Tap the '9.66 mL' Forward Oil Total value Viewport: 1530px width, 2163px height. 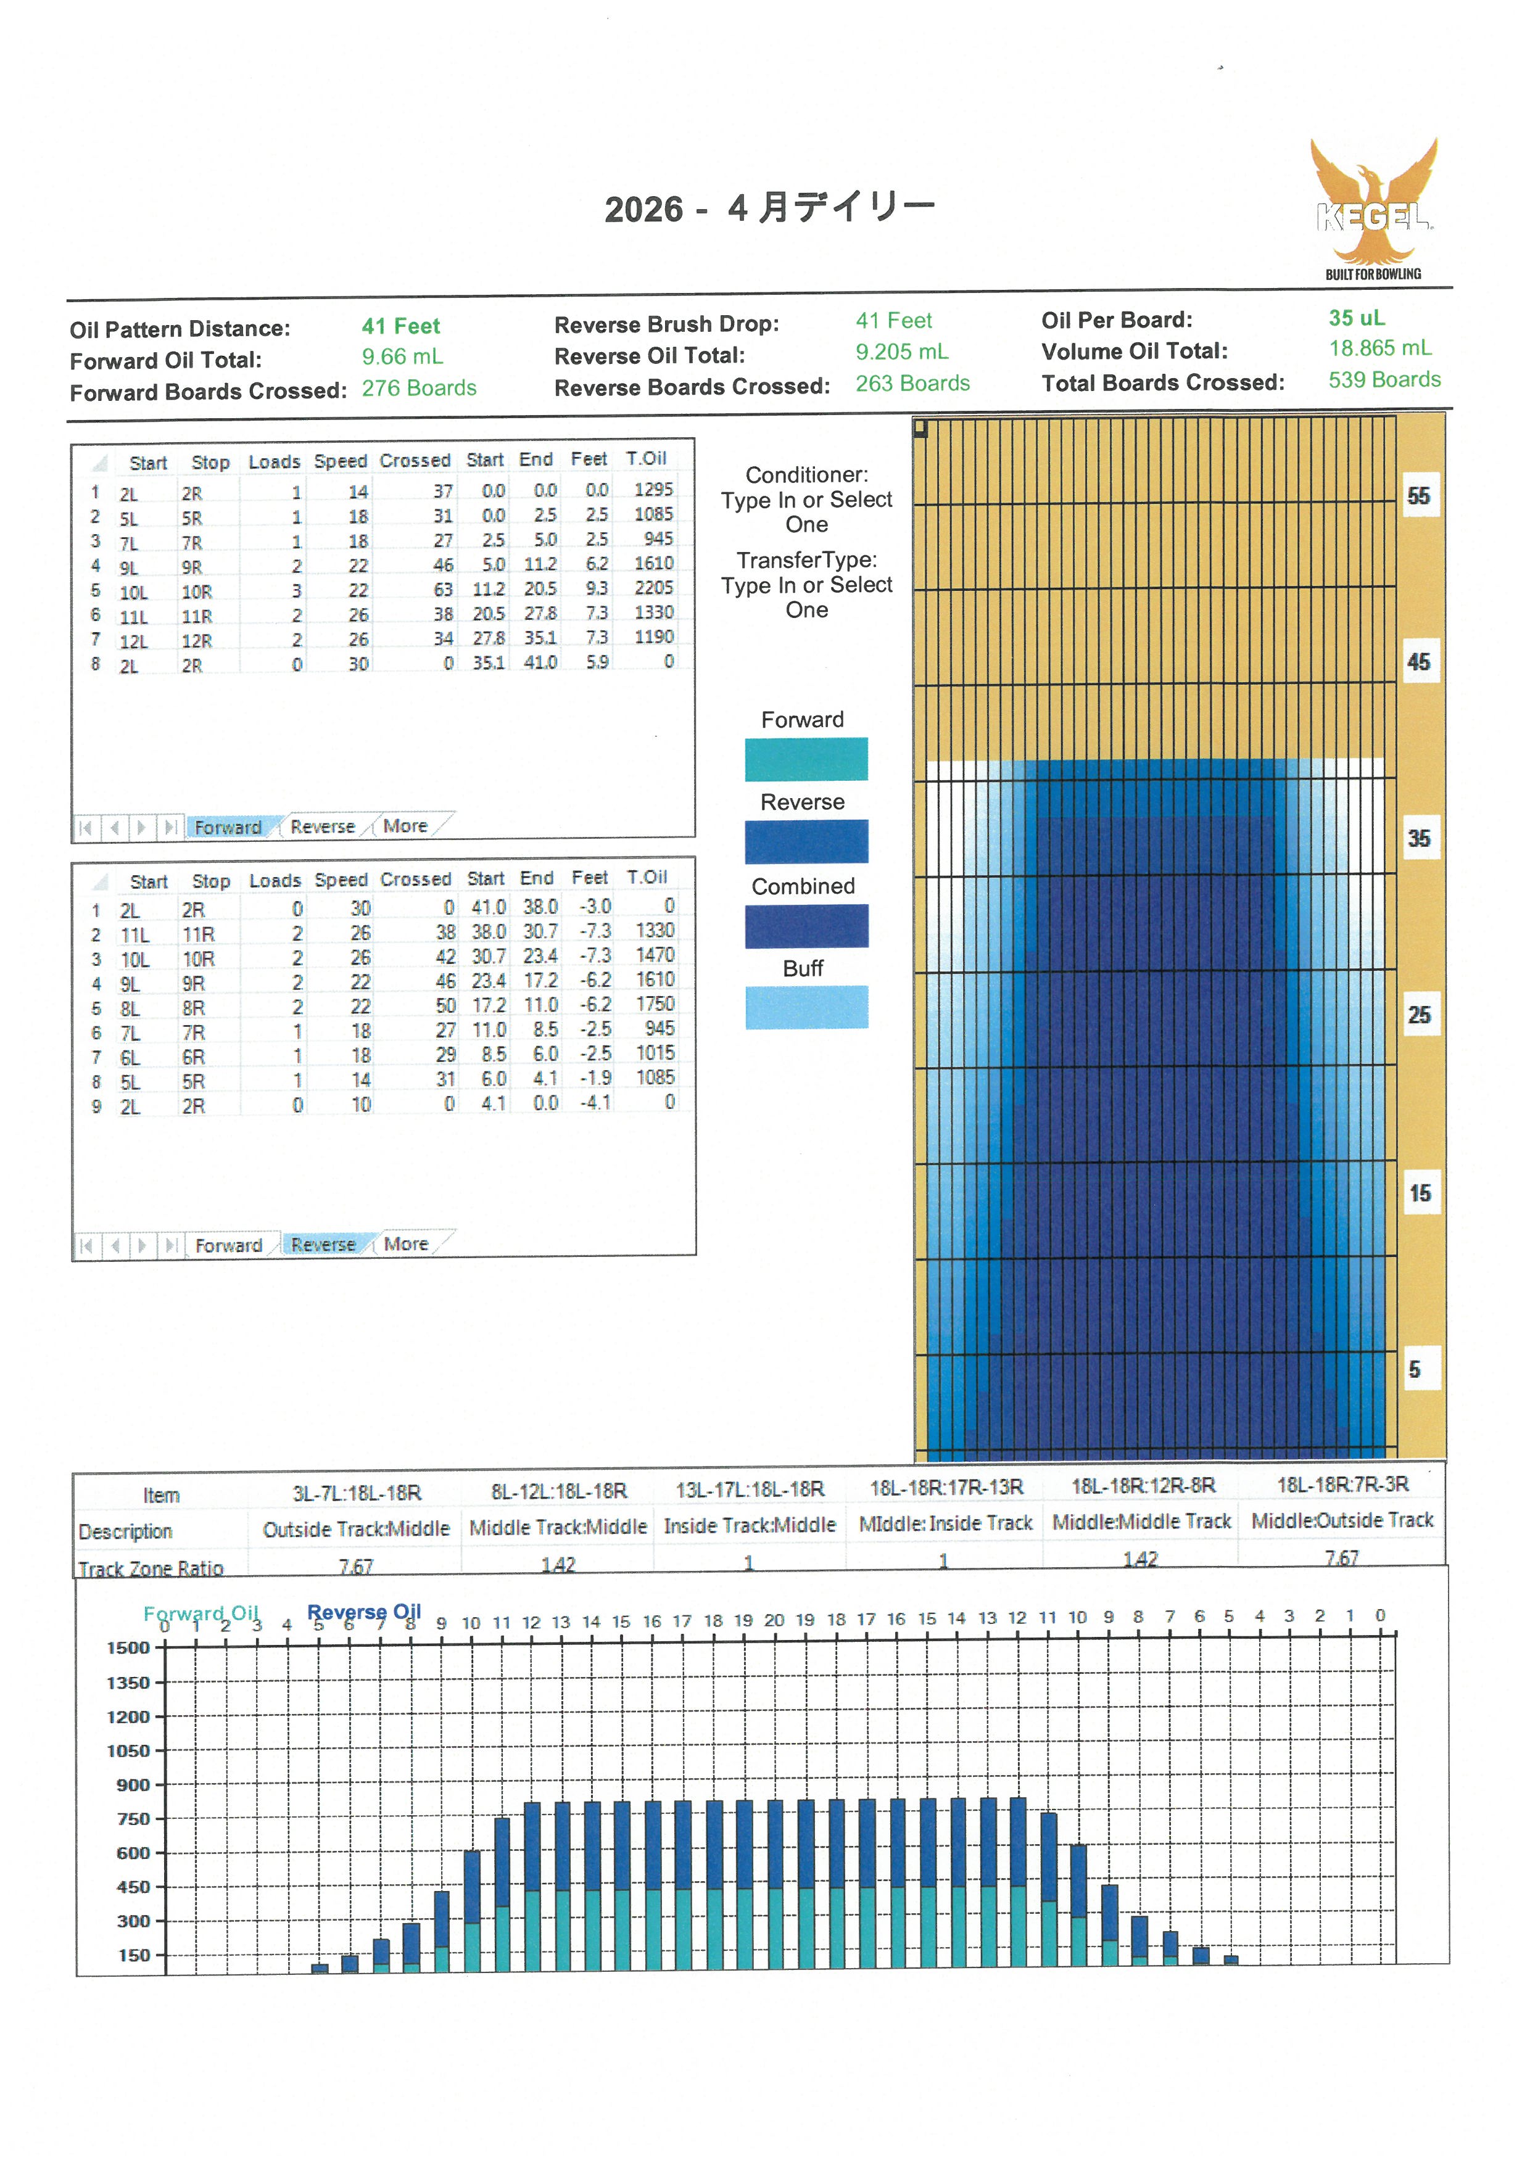pos(402,357)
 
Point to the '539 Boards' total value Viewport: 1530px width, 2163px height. pos(1384,380)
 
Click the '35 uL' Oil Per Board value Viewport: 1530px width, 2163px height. pos(1357,318)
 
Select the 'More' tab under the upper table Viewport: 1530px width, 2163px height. pos(405,826)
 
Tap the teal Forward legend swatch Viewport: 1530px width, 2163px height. pos(806,759)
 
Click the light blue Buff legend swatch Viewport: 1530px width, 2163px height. pos(806,1007)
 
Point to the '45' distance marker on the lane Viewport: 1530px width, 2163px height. pos(1418,662)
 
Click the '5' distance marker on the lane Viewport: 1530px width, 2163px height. pos(1414,1370)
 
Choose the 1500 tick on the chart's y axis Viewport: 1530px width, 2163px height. pos(129,1647)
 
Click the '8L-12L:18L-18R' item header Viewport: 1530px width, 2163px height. pos(559,1490)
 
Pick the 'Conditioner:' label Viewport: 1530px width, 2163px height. pos(806,475)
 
